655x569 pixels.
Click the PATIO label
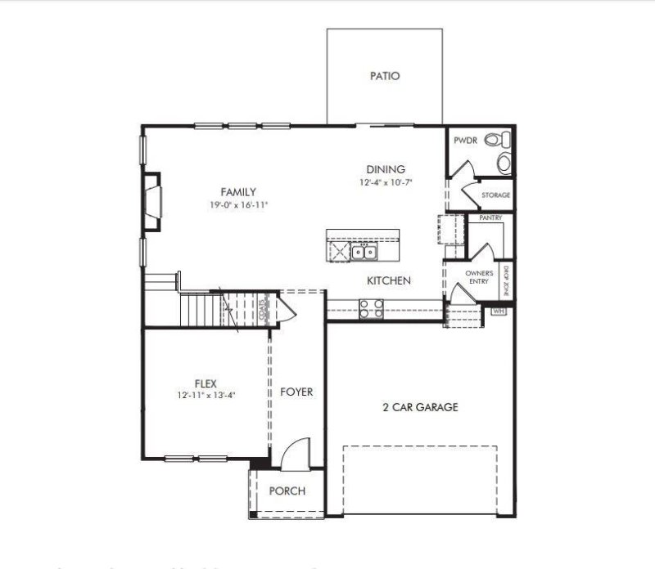[385, 76]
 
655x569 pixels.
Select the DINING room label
[386, 169]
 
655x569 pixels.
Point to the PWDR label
[465, 140]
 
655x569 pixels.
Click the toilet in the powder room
[503, 161]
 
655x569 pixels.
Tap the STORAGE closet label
[496, 195]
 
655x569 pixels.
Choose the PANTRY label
[490, 218]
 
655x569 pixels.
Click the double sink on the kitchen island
[364, 251]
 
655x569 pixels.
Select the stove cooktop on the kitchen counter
[370, 308]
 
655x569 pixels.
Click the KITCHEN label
[388, 280]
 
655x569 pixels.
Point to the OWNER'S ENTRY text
[478, 277]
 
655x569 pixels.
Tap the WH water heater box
[498, 311]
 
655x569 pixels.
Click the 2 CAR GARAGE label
[420, 407]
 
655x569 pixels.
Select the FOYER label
[296, 392]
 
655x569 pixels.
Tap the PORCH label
[287, 491]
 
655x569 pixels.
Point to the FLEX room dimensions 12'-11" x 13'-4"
[206, 394]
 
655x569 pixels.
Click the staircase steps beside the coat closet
[201, 310]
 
